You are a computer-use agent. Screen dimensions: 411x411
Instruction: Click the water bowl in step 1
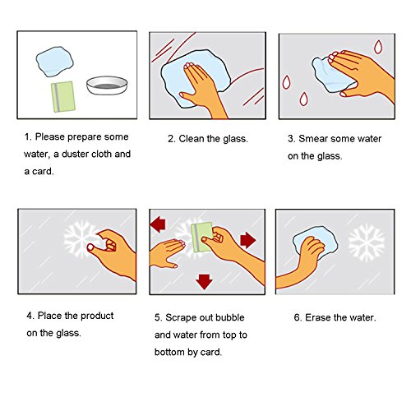pyautogui.click(x=107, y=85)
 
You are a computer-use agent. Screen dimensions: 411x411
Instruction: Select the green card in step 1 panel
pyautogui.click(x=63, y=97)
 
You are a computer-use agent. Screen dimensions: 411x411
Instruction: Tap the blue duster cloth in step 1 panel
pyautogui.click(x=55, y=62)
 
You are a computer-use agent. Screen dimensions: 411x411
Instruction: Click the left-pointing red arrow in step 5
pyautogui.click(x=158, y=224)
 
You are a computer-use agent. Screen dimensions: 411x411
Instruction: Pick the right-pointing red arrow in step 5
pyautogui.click(x=248, y=240)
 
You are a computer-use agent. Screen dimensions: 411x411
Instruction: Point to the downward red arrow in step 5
pyautogui.click(x=204, y=281)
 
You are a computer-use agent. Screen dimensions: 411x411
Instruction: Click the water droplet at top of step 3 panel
pyautogui.click(x=378, y=47)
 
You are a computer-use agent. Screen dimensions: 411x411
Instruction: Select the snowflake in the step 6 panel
pyautogui.click(x=367, y=242)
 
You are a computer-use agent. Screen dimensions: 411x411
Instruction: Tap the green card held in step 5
pyautogui.click(x=203, y=238)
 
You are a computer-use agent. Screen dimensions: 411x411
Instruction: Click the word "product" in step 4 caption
pyautogui.click(x=97, y=316)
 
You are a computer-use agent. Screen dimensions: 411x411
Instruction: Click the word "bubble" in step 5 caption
pyautogui.click(x=229, y=317)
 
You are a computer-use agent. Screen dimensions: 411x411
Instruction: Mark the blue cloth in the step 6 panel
pyautogui.click(x=315, y=241)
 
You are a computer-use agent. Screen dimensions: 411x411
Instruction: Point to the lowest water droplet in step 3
pyautogui.click(x=303, y=99)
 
